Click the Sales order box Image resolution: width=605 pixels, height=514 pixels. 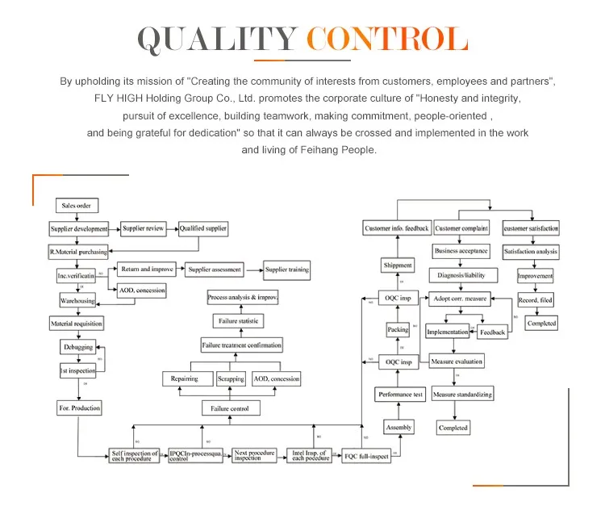pos(76,206)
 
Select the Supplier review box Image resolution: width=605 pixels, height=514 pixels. pos(143,228)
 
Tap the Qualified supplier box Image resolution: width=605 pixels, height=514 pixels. pos(203,228)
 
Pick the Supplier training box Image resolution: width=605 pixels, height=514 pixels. pos(286,270)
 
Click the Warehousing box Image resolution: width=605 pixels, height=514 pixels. pos(77,301)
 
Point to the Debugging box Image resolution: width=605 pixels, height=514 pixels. pos(78,347)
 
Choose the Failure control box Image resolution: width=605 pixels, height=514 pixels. pos(231,409)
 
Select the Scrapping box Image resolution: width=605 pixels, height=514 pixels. pos(231,378)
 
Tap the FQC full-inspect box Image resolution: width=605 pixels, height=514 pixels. pos(365,456)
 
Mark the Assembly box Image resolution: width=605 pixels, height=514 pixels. pos(398,427)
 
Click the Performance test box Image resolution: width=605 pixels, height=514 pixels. pos(401,395)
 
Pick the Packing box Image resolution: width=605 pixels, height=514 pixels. pos(398,330)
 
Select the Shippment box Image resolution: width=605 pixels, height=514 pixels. pos(397,265)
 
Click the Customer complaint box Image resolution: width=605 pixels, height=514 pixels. pos(462,228)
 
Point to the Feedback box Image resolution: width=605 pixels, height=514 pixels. pos(492,332)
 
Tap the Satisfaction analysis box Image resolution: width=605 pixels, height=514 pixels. pos(531,252)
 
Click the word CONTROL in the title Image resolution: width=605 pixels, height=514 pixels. pos(388,40)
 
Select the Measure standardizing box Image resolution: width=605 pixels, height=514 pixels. pos(462,395)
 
